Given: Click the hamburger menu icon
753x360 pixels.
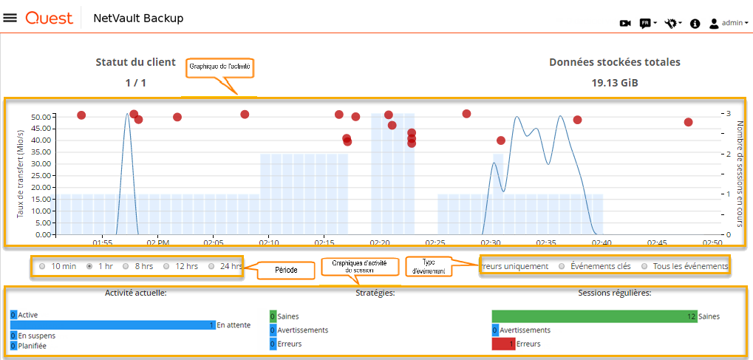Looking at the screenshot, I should (10, 18).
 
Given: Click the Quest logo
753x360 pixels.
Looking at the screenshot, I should (49, 18).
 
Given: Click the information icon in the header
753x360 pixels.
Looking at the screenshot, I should (695, 24).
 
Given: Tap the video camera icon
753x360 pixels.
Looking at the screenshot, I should (625, 24).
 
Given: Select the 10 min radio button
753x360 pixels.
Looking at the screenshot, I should (42, 266).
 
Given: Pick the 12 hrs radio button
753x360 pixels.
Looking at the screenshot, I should (166, 266).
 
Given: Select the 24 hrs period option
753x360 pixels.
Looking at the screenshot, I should (212, 266).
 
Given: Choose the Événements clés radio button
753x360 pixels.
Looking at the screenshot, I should (562, 266).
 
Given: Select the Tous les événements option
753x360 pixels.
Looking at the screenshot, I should (644, 266).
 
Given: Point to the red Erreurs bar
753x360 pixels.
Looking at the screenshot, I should (503, 344).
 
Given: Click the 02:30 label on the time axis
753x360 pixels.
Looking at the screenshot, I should (491, 242).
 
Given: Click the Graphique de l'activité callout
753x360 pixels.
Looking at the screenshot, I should (219, 67).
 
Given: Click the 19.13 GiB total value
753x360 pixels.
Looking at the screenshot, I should (615, 83).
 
